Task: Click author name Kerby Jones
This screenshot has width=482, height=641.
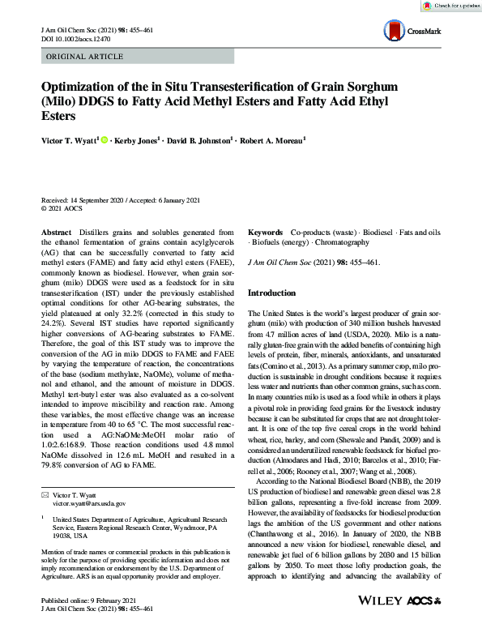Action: (x=137, y=140)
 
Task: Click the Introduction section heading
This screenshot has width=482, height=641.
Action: (x=274, y=293)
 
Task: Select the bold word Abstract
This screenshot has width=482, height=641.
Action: (x=56, y=232)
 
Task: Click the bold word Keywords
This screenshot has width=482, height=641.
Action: (x=265, y=232)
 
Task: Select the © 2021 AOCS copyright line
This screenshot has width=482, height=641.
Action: (x=62, y=207)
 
